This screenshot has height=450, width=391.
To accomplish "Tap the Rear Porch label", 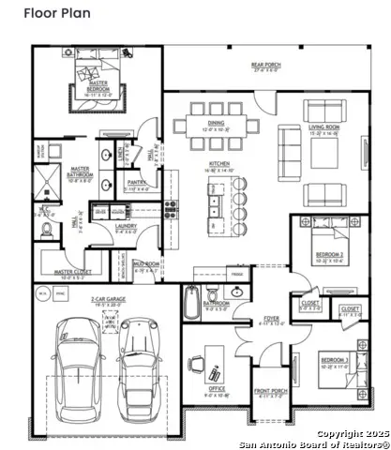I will pyautogui.click(x=265, y=67).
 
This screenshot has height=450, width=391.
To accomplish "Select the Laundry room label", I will pyautogui.click(x=126, y=226).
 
